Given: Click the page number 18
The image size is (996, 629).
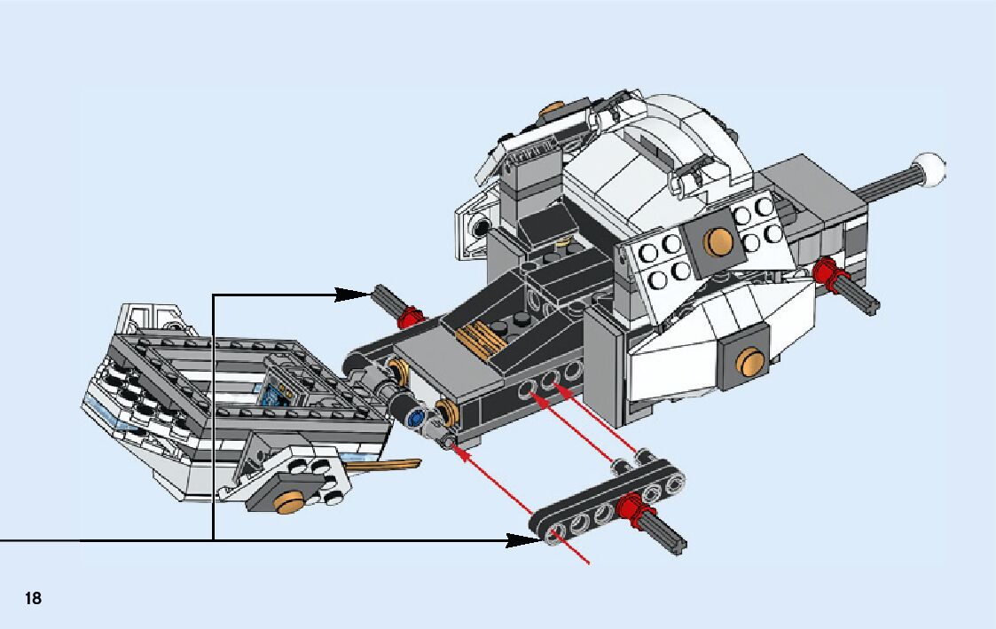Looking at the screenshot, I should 33,598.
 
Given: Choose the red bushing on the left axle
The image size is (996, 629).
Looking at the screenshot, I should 409,317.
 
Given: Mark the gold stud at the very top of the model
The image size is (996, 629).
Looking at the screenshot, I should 552,111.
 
